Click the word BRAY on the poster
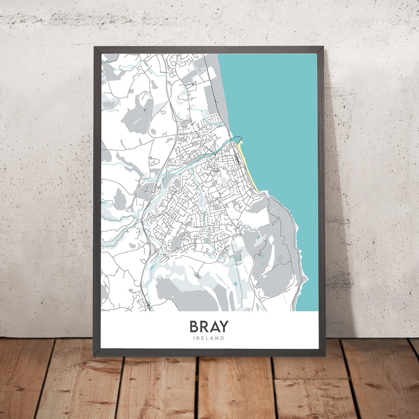(209, 326)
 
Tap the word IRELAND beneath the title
(209, 338)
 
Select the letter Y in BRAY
(225, 326)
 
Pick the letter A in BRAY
(215, 326)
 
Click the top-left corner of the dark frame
(95, 47)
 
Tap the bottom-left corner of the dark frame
(95, 355)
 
